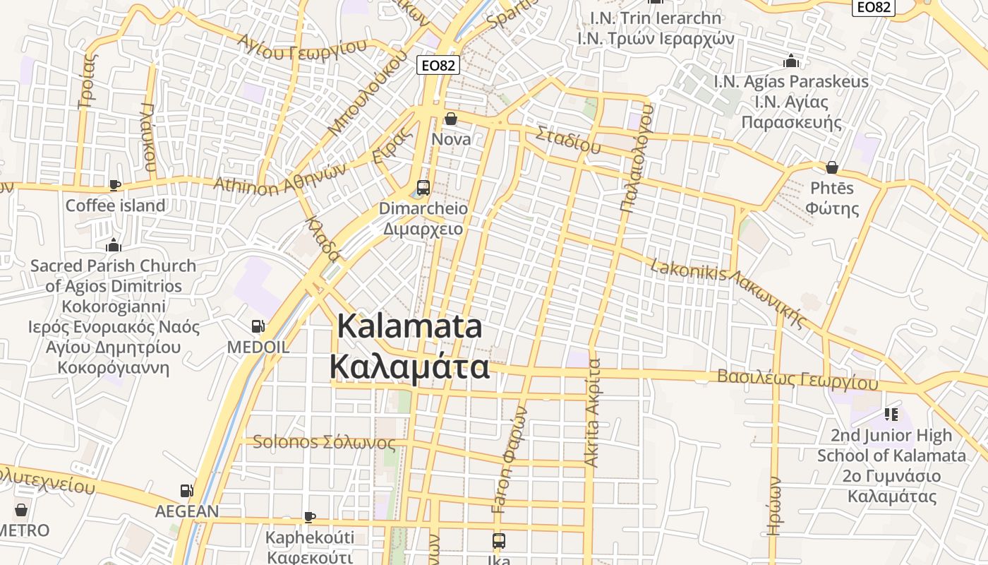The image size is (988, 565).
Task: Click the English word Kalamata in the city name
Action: pos(410,326)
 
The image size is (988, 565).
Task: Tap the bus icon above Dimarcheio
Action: pos(423,188)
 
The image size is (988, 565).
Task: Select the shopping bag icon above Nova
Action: pos(450,119)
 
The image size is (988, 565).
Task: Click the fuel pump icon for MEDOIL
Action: pos(258,326)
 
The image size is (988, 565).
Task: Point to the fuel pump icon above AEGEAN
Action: pos(186,490)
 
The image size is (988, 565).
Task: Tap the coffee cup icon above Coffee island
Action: pos(114,185)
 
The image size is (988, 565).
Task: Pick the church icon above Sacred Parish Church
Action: pos(113,246)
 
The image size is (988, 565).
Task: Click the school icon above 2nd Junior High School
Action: pos(891,414)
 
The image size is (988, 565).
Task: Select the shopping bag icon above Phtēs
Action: pos(832,167)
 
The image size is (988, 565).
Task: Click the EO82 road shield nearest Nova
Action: pos(438,66)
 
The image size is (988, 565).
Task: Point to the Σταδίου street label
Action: pos(568,139)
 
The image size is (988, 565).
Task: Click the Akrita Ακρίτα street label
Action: pos(593,413)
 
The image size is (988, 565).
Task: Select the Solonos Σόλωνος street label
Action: pos(324,442)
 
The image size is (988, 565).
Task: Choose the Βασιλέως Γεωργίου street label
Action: pos(797,379)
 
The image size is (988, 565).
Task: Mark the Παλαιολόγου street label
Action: pos(637,158)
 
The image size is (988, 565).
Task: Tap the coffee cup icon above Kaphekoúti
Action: pos(309,517)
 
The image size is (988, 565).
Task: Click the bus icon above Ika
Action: pos(499,541)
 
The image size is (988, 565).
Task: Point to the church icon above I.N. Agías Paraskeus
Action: pos(791,61)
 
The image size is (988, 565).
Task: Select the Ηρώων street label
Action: pos(775,505)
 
